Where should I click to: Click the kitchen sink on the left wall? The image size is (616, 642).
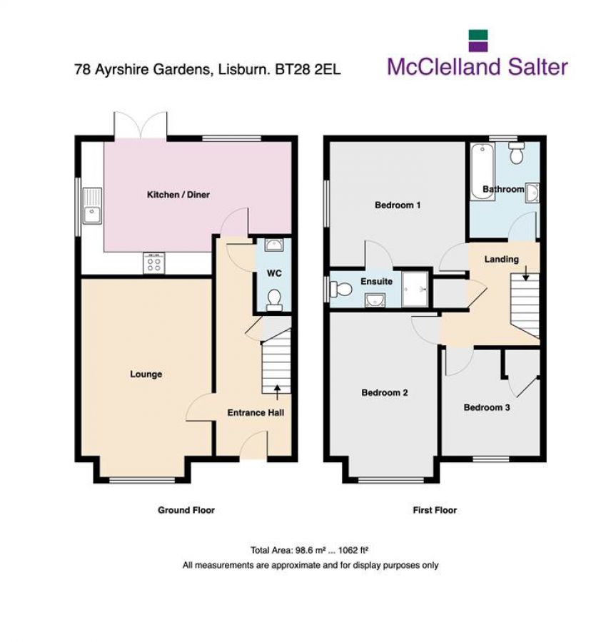[92, 206]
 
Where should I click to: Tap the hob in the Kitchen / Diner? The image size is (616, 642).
[153, 264]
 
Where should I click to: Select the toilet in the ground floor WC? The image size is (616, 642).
[273, 302]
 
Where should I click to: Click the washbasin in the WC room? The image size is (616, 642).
[273, 246]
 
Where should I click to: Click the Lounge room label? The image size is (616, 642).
[146, 374]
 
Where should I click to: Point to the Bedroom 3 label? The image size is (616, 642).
[487, 407]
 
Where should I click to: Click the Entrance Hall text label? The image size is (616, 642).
[256, 412]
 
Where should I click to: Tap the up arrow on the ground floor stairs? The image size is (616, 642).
[277, 389]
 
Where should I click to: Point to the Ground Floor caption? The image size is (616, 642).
[186, 510]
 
